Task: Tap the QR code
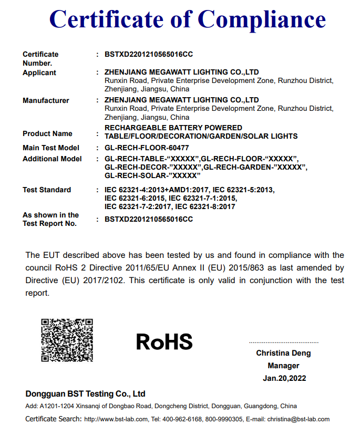click(x=67, y=340)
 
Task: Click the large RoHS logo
click(x=164, y=342)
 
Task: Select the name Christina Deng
click(x=283, y=353)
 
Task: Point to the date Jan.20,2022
click(x=284, y=378)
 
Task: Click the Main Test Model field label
click(x=51, y=148)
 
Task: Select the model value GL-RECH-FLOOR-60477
click(x=147, y=148)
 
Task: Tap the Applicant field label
click(x=39, y=72)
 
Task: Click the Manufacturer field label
click(x=46, y=100)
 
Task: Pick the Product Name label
click(x=47, y=133)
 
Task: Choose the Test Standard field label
click(x=47, y=190)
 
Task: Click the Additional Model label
click(x=52, y=159)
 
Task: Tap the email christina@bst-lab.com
click(x=298, y=419)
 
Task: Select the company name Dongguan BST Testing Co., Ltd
click(x=85, y=394)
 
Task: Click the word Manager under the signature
click(x=283, y=366)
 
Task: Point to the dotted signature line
click(x=284, y=342)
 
